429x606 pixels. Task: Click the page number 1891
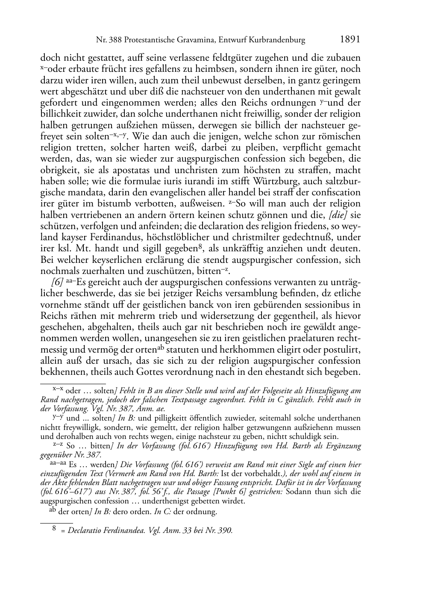(x=350, y=39)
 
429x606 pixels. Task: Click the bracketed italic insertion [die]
(x=339, y=215)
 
